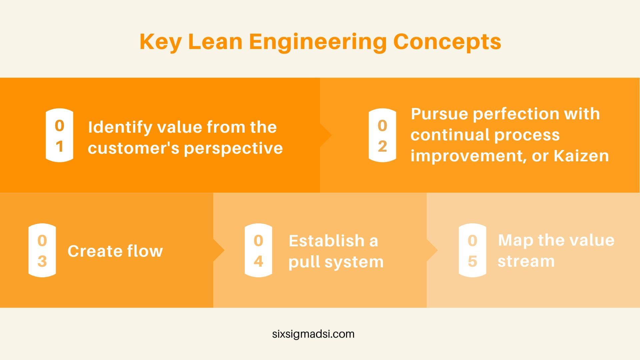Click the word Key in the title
pyautogui.click(x=161, y=42)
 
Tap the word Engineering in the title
pyautogui.click(x=318, y=42)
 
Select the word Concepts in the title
pyautogui.click(x=447, y=42)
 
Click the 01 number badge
pyautogui.click(x=59, y=135)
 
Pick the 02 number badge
pyautogui.click(x=382, y=135)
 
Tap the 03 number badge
pyautogui.click(x=42, y=250)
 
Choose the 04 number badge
pyautogui.click(x=258, y=250)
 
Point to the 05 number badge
pyautogui.click(x=472, y=250)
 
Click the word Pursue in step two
pyautogui.click(x=439, y=114)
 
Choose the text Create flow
pyautogui.click(x=115, y=251)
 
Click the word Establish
pyautogui.click(x=327, y=241)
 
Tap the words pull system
pyautogui.click(x=336, y=262)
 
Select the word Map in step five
pyautogui.click(x=515, y=241)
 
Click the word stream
pyautogui.click(x=526, y=261)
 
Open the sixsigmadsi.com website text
pyautogui.click(x=313, y=334)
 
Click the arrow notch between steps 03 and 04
pyautogui.click(x=219, y=250)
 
